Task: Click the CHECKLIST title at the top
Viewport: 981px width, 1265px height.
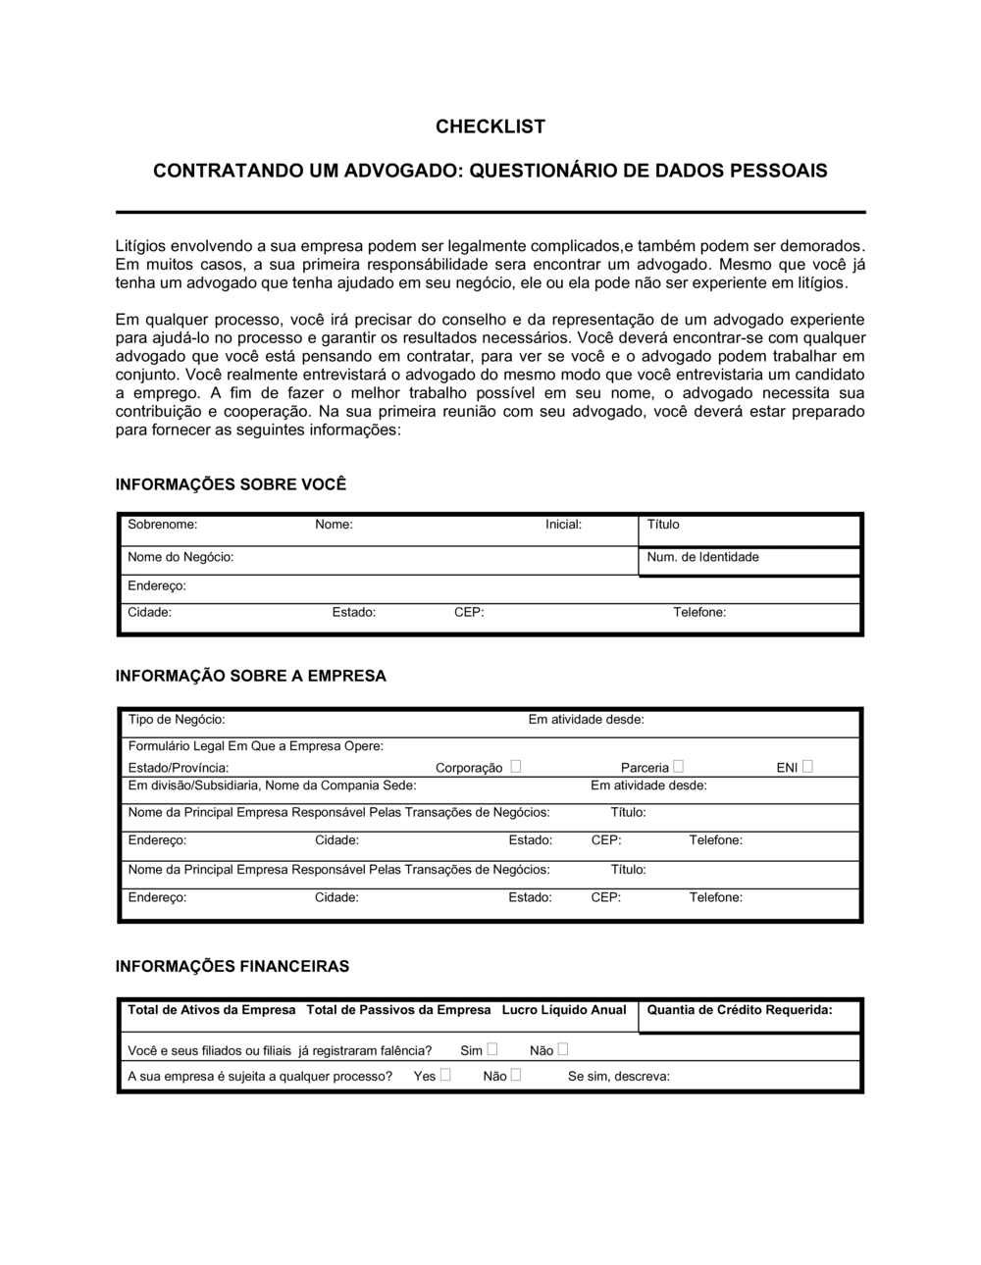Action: coord(490,126)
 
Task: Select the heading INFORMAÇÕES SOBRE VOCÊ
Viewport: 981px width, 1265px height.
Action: coord(231,484)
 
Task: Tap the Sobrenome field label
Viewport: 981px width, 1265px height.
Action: coord(162,525)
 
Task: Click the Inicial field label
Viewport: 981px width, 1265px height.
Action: coord(563,525)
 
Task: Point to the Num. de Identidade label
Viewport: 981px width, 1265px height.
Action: coord(702,557)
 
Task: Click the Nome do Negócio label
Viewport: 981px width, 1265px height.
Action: coord(181,557)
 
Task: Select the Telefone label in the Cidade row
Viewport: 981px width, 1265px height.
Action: coord(699,612)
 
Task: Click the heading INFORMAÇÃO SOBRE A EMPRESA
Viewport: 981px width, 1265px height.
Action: coord(251,676)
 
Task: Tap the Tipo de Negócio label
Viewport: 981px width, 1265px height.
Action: coord(177,720)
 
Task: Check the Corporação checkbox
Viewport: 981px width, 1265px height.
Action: coord(516,766)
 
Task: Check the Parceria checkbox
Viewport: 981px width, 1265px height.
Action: coord(679,766)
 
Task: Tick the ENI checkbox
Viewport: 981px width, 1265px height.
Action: coord(807,766)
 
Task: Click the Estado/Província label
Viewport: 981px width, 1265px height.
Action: coord(179,768)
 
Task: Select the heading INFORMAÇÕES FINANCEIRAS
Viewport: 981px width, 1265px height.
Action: coord(232,966)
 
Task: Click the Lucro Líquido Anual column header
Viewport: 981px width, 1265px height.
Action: coord(564,1010)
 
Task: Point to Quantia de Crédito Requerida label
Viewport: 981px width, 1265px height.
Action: coord(740,1010)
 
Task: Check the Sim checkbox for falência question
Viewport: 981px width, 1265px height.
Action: coord(492,1049)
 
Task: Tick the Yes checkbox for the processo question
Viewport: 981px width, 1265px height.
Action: coord(445,1075)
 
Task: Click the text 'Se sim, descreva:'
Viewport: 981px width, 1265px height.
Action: coord(619,1076)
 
